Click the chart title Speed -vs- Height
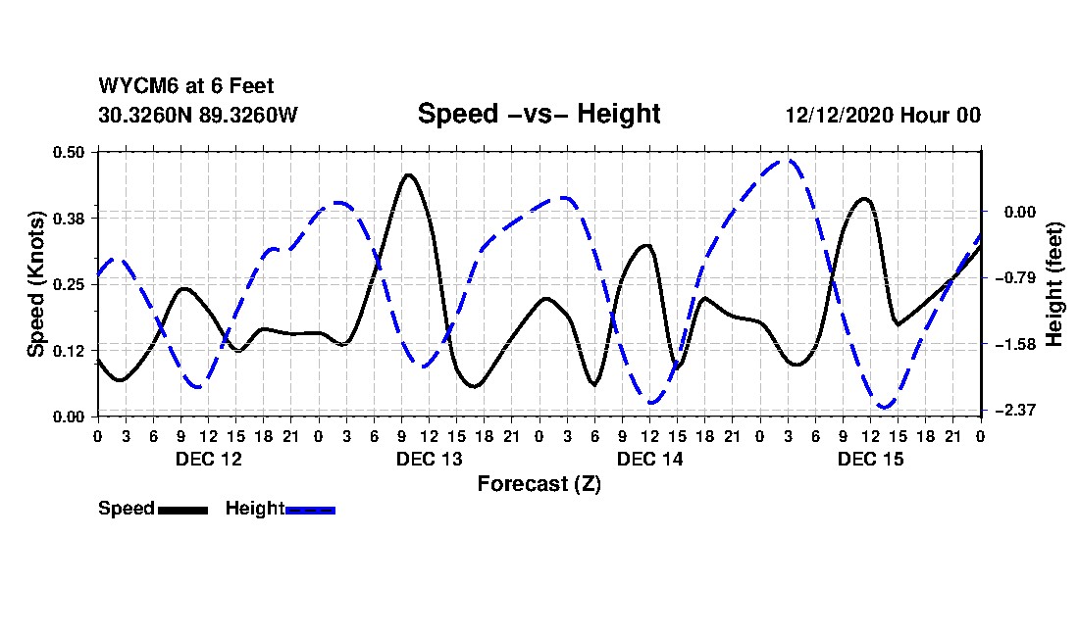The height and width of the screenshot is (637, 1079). click(539, 114)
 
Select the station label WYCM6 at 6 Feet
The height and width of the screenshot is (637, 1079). click(186, 86)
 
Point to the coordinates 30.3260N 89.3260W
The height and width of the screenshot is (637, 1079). click(198, 115)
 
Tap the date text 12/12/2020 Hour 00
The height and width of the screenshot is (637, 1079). click(883, 115)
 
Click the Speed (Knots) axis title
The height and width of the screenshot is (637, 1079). click(35, 284)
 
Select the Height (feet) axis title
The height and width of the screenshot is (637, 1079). click(1055, 284)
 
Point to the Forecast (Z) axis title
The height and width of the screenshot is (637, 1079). click(539, 483)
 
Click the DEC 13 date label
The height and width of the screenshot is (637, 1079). click(429, 459)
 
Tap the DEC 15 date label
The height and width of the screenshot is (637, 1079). click(870, 459)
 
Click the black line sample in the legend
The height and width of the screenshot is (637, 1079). click(182, 510)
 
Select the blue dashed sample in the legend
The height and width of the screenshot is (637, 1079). click(311, 510)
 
